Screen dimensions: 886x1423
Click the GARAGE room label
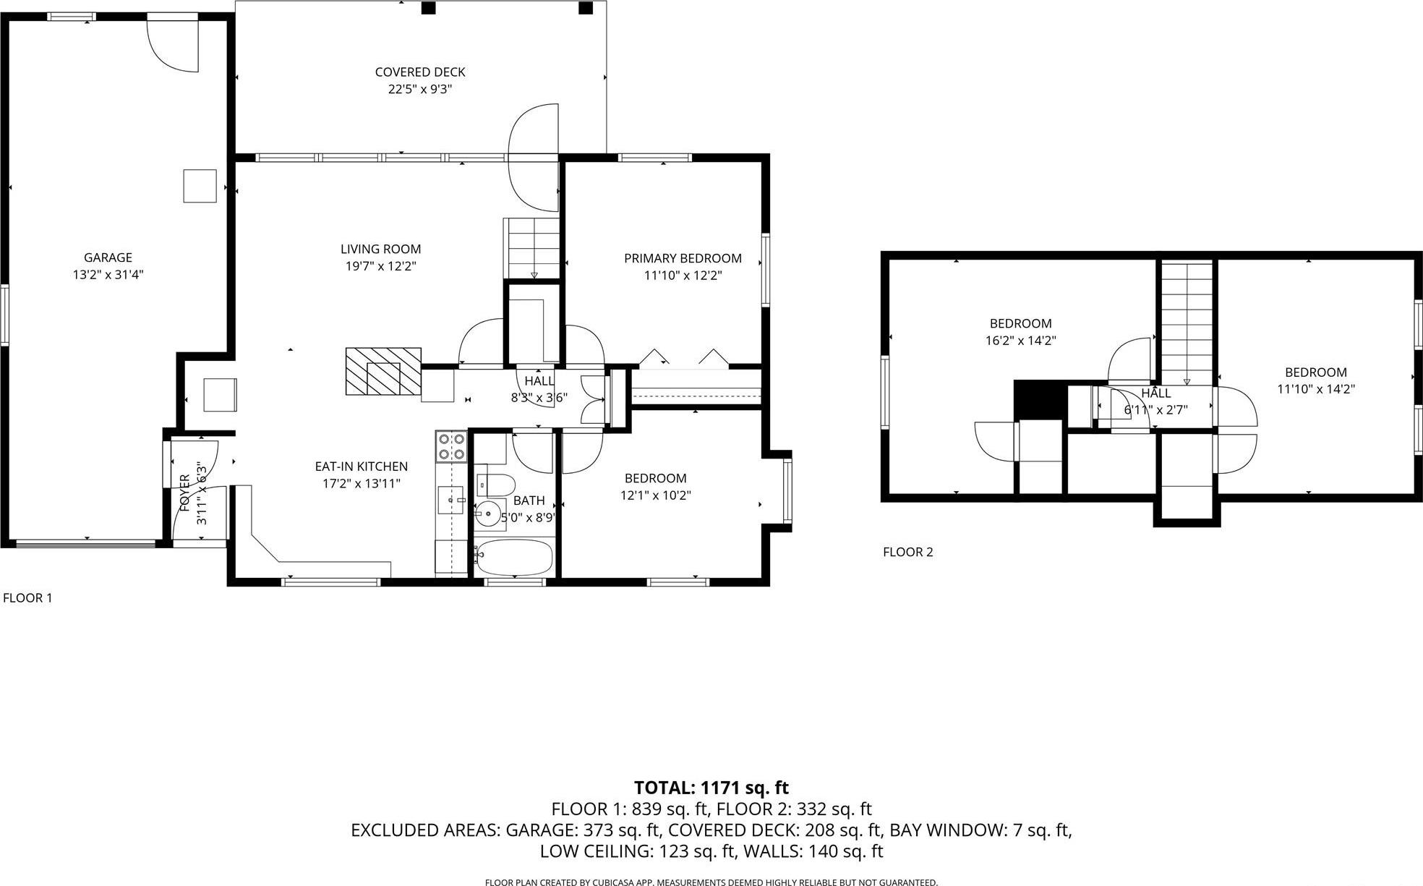(108, 257)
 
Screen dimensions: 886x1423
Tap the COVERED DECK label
(419, 72)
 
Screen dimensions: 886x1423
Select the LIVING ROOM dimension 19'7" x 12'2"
(380, 266)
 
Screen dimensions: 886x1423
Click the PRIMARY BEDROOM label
(683, 258)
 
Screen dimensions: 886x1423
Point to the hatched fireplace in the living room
(383, 372)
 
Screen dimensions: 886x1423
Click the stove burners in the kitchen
(451, 447)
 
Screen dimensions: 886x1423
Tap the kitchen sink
(450, 500)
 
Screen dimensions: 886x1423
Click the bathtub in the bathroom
(514, 557)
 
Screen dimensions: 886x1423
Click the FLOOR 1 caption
(27, 598)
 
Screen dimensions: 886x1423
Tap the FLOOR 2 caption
(907, 553)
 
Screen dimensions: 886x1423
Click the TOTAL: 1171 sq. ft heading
(711, 788)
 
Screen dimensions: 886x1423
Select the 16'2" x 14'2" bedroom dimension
(1020, 341)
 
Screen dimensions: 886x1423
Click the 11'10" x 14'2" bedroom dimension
(1315, 389)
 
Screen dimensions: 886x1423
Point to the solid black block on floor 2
(1040, 399)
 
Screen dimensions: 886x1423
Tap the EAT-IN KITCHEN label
(361, 467)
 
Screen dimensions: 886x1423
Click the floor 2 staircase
(1187, 322)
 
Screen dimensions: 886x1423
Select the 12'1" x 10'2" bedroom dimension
(655, 495)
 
